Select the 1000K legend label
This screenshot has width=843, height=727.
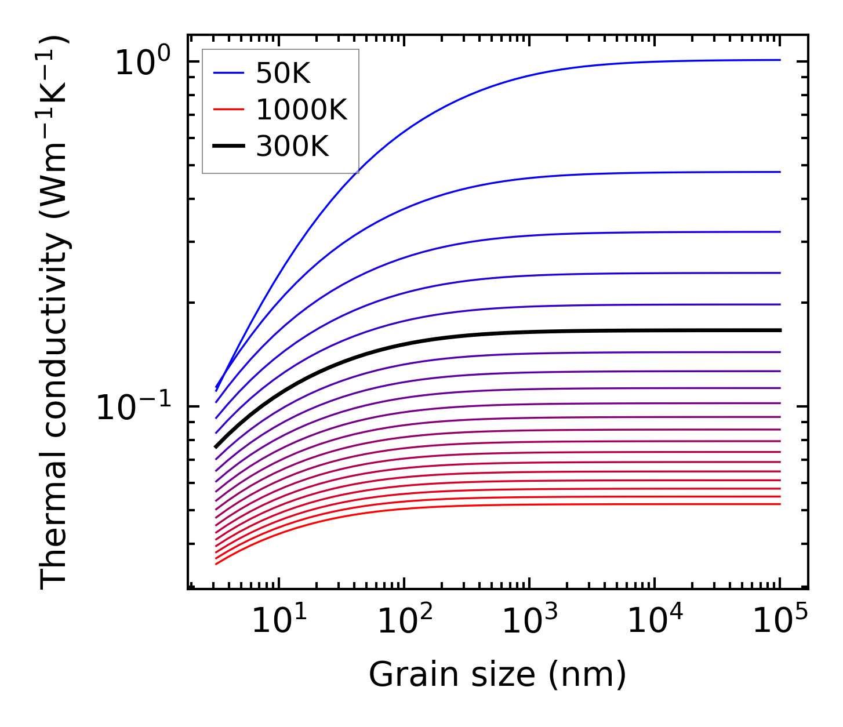301,110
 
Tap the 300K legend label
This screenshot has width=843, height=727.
292,147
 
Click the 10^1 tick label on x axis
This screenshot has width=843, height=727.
279,621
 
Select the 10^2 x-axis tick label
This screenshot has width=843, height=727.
405,621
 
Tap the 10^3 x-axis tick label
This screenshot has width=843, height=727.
530,621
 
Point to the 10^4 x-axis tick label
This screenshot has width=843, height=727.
655,621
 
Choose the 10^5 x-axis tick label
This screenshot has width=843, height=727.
780,621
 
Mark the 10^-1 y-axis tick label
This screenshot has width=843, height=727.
135,407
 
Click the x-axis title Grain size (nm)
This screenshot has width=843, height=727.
497,675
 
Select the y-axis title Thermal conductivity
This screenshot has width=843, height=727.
54,312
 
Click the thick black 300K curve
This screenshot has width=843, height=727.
522,332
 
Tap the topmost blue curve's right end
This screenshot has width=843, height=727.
780,60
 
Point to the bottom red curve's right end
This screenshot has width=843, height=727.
780,504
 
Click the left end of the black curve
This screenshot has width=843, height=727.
216,447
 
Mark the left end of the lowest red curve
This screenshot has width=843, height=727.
216,564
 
